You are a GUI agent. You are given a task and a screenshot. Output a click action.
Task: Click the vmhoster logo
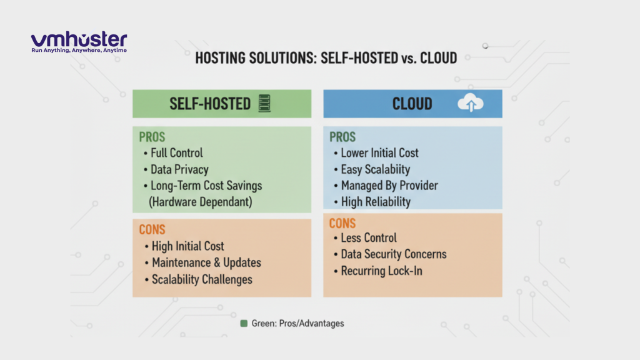point(79,39)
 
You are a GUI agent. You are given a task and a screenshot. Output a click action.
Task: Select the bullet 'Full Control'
point(177,152)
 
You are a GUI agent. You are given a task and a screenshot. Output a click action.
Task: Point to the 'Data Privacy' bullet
point(179,169)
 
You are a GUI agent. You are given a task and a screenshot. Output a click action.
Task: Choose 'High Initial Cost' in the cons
point(187,246)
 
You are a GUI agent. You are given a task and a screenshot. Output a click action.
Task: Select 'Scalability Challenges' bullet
point(202,279)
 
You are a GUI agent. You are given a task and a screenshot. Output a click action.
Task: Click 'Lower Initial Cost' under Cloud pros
point(379,152)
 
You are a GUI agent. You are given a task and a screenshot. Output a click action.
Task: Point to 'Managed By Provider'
point(389,185)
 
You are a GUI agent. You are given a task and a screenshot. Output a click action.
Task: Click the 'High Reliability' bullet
point(376,201)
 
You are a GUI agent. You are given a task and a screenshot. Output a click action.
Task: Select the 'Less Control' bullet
point(369,237)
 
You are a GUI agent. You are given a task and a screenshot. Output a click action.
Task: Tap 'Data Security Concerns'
point(394,254)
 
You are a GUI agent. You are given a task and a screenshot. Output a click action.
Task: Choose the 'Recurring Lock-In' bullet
point(381,271)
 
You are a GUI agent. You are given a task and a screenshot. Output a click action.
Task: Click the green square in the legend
point(244,324)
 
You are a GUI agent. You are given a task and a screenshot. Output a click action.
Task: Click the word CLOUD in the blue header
point(412,104)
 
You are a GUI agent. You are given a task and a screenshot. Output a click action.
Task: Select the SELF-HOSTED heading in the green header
point(210,104)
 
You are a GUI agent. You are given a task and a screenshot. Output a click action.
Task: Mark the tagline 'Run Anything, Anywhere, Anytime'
point(79,50)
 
